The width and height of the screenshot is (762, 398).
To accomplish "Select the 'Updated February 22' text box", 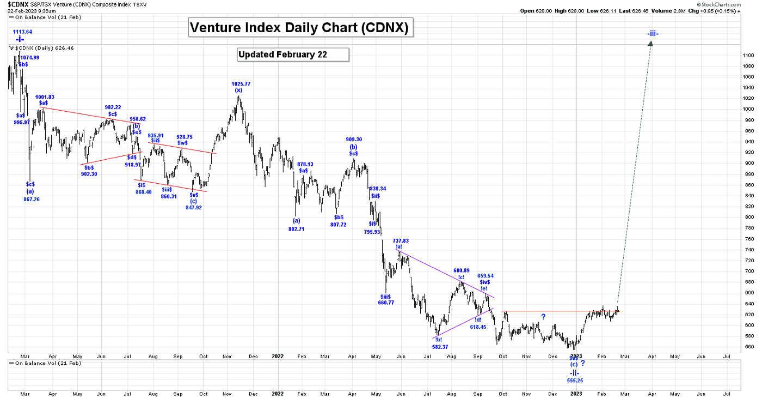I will pyautogui.click(x=293, y=55).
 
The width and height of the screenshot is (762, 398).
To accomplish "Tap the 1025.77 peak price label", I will pyautogui.click(x=241, y=84).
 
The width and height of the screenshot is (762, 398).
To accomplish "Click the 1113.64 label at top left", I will pyautogui.click(x=23, y=32).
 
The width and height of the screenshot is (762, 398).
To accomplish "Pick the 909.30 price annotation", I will pyautogui.click(x=353, y=140).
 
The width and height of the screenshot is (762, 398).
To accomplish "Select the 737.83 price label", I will pyautogui.click(x=401, y=240).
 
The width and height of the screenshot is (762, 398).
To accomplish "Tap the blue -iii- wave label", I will pyautogui.click(x=653, y=34).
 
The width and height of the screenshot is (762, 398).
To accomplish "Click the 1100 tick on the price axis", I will pyautogui.click(x=748, y=55).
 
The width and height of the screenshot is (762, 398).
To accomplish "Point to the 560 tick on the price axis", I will pyautogui.click(x=748, y=347).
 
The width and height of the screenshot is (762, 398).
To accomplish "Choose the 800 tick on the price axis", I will pyautogui.click(x=748, y=217).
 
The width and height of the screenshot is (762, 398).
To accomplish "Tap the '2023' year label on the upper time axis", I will pyautogui.click(x=576, y=356).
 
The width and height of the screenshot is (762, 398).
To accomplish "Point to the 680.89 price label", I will pyautogui.click(x=461, y=270).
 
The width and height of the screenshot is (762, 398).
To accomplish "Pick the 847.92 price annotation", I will pyautogui.click(x=194, y=207).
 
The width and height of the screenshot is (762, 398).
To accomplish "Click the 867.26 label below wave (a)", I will pyautogui.click(x=32, y=200).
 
